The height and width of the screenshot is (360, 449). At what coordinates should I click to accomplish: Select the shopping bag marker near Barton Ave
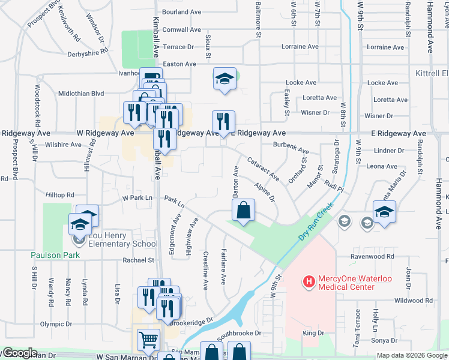click(243, 212)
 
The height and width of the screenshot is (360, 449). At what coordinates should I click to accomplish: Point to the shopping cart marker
click(148, 341)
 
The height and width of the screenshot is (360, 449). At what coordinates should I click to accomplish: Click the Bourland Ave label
click(181, 12)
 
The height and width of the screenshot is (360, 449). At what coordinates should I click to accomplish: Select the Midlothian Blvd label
click(82, 94)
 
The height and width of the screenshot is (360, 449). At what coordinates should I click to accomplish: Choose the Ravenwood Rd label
click(373, 256)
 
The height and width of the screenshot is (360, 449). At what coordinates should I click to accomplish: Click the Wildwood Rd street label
click(414, 301)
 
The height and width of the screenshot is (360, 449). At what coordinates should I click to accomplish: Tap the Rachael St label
click(139, 260)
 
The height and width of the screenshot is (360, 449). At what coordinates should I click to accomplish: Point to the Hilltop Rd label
click(60, 195)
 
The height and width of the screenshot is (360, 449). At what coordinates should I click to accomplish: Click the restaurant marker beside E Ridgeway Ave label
click(223, 122)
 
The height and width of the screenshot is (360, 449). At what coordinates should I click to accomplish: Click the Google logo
click(19, 353)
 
